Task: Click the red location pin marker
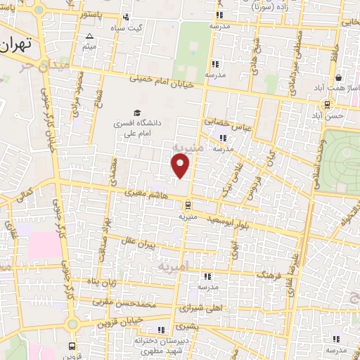click(x=181, y=166)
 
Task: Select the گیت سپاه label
click(x=129, y=27)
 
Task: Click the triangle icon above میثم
click(x=89, y=37)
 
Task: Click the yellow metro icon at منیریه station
click(x=187, y=205)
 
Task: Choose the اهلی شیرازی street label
click(x=204, y=307)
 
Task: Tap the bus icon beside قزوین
click(x=72, y=346)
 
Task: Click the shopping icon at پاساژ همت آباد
click(x=339, y=77)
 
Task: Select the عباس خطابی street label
click(x=227, y=124)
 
